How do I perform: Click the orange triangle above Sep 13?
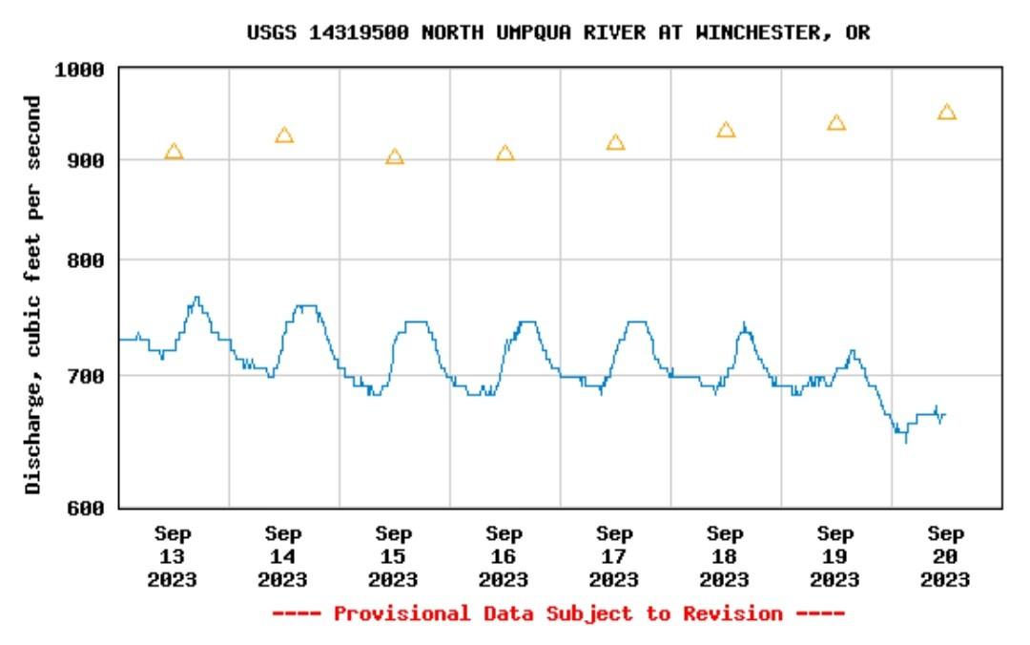pyautogui.click(x=174, y=152)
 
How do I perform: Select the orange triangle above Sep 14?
pyautogui.click(x=284, y=135)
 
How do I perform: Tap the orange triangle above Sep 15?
pyautogui.click(x=395, y=157)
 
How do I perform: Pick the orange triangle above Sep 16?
pyautogui.click(x=505, y=154)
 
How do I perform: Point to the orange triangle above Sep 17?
pyautogui.click(x=616, y=143)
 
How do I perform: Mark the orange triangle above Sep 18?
pyautogui.click(x=727, y=130)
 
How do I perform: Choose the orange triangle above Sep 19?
pyautogui.click(x=836, y=123)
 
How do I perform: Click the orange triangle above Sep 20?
pyautogui.click(x=947, y=113)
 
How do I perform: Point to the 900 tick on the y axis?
pyautogui.click(x=88, y=159)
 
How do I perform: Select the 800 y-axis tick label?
pyautogui.click(x=88, y=260)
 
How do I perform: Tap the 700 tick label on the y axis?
pyautogui.click(x=88, y=376)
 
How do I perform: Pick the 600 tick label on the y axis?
pyautogui.click(x=88, y=508)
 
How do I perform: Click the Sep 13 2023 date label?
pyautogui.click(x=173, y=556)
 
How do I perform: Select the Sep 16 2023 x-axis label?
pyautogui.click(x=505, y=556)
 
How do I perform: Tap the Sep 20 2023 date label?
pyautogui.click(x=946, y=556)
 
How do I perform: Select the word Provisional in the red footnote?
pyautogui.click(x=402, y=614)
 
